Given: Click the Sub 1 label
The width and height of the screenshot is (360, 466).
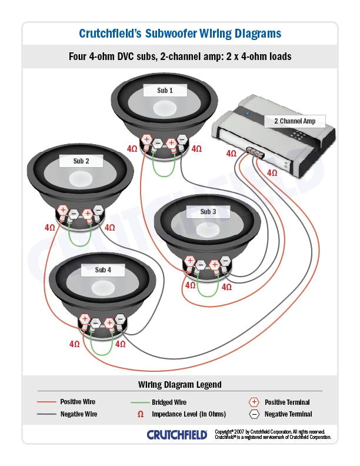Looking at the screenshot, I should [165, 91].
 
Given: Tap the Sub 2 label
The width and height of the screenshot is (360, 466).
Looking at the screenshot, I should [81, 161].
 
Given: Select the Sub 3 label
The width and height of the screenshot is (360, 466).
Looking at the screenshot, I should [208, 212].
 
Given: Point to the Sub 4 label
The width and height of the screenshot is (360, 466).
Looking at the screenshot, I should [102, 270].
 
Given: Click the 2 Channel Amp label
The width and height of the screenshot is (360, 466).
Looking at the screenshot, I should [294, 121].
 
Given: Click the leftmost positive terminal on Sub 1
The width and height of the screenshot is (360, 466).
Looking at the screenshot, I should [146, 139].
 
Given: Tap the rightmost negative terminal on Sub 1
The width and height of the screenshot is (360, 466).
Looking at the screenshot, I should [182, 139].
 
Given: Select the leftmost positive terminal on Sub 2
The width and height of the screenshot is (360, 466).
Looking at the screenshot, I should [62, 210].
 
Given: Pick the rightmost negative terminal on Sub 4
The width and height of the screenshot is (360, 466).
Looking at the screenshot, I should [121, 319].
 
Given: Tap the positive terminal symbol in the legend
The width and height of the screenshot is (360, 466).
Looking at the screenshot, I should [254, 402].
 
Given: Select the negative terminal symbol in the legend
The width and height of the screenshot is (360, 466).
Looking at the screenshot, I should [254, 414].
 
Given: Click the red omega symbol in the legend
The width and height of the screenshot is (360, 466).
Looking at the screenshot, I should [140, 414].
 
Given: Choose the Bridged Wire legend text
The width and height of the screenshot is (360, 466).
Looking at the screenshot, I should [169, 402].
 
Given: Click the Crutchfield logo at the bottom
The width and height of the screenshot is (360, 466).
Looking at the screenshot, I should [176, 435].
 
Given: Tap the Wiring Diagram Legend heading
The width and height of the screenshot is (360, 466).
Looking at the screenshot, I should [180, 385].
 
